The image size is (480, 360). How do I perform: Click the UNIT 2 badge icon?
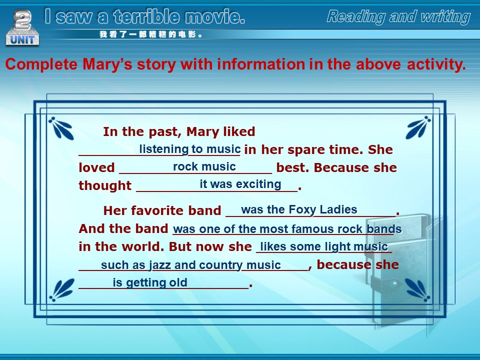(x=22, y=27)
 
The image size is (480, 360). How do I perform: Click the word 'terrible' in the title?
(x=146, y=16)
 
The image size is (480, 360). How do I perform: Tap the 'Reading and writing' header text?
(x=398, y=16)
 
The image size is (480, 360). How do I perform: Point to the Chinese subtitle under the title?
(x=151, y=34)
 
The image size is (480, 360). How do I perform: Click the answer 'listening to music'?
(x=190, y=149)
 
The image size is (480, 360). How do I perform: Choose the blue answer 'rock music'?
(x=204, y=166)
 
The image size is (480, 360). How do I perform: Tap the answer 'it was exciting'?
(x=240, y=184)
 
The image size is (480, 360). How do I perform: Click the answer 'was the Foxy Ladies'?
(x=299, y=209)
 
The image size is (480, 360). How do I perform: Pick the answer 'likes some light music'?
(x=324, y=246)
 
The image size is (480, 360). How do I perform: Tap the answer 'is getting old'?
(x=150, y=282)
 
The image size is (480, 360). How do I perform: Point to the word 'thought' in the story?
(x=105, y=185)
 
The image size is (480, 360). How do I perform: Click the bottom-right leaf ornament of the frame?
(x=417, y=289)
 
